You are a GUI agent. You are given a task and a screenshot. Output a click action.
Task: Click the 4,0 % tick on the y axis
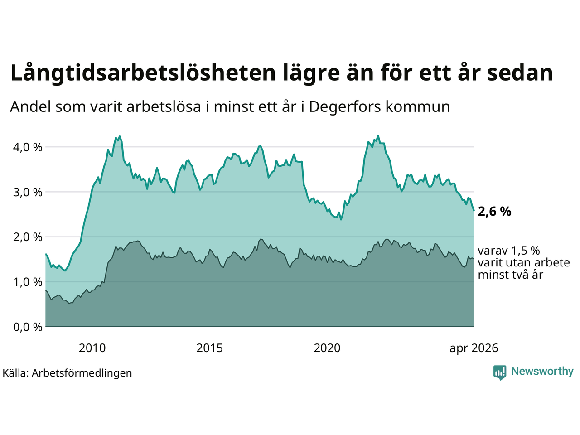coord(28,147)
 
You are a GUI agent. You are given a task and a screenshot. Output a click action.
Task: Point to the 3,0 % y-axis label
coord(28,192)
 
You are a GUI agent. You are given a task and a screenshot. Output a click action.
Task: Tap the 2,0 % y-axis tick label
coord(28,237)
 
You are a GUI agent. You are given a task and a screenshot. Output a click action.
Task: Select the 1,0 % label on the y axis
coord(28,282)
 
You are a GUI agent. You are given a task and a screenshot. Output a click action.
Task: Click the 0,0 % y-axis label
coord(28,327)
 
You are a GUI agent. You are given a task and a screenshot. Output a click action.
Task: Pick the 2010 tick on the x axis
coord(92,348)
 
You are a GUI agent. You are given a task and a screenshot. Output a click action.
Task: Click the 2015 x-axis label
coord(209,348)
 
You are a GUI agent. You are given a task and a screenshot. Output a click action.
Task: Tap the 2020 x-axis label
coord(327,348)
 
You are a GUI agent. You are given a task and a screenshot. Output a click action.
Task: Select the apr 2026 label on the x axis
coord(474,348)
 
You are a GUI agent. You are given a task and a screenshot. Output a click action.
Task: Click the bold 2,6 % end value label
coord(494,212)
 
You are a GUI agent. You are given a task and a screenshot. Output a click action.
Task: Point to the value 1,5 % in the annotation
coord(525,251)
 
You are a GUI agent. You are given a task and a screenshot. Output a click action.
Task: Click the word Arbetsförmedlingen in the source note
coord(82,373)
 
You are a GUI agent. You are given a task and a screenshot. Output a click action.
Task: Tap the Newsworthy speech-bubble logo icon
coord(500,372)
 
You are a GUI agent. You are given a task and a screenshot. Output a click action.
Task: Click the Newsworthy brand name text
coord(542,372)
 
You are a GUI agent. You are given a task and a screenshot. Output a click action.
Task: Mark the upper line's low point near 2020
coord(341,219)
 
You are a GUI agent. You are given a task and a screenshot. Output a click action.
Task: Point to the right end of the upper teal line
coord(474,211)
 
